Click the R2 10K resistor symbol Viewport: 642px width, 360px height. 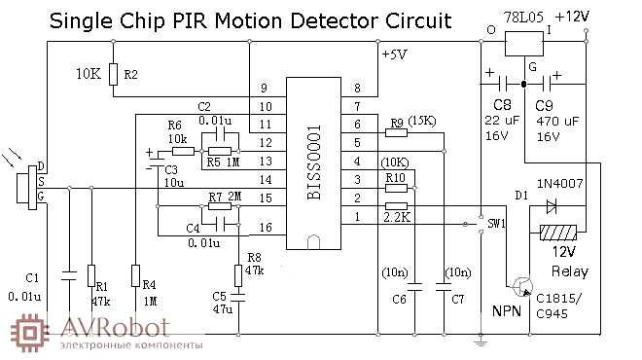(x=114, y=74)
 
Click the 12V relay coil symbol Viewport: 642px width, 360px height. (x=556, y=234)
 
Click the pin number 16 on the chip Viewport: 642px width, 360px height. (x=263, y=230)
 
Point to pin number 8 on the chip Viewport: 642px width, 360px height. (x=357, y=89)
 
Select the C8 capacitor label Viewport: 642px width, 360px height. (x=501, y=102)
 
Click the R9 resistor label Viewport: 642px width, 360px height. (x=396, y=123)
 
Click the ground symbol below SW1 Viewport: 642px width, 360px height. (x=479, y=340)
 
